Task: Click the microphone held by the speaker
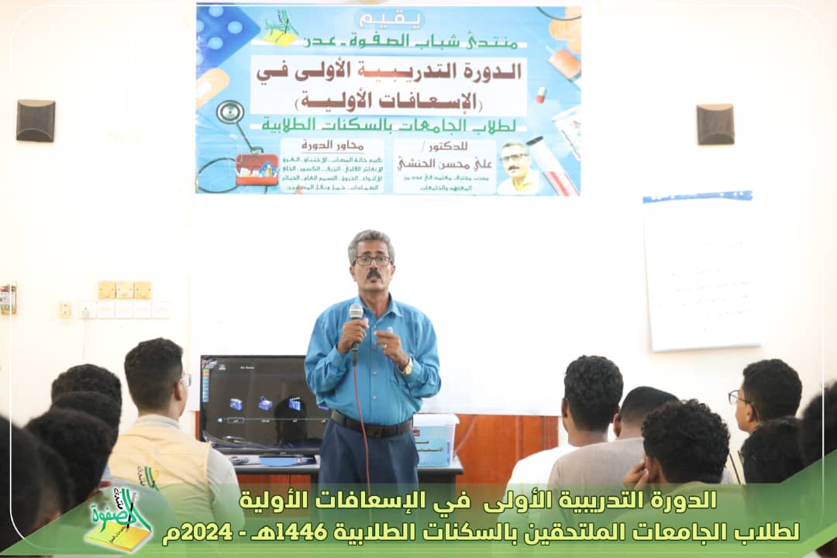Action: [356, 314]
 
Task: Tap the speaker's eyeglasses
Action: [373, 260]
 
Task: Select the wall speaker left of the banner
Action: [36, 121]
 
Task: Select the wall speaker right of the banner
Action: [715, 124]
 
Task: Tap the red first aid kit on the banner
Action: [257, 167]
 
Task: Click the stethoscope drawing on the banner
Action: [230, 115]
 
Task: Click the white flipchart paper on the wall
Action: [701, 271]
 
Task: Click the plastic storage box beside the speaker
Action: [435, 439]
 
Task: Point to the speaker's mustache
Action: [374, 275]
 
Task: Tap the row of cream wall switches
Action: [124, 290]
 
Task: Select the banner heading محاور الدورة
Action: [332, 145]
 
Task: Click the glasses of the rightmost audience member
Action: [735, 397]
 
